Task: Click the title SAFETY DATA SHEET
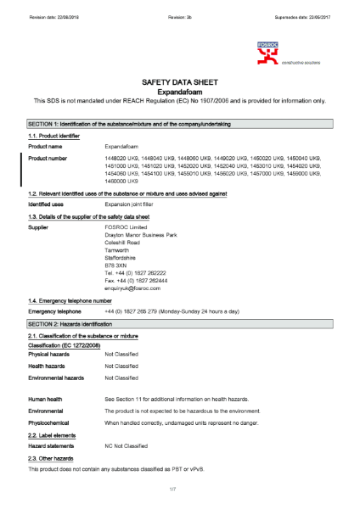click(x=179, y=81)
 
